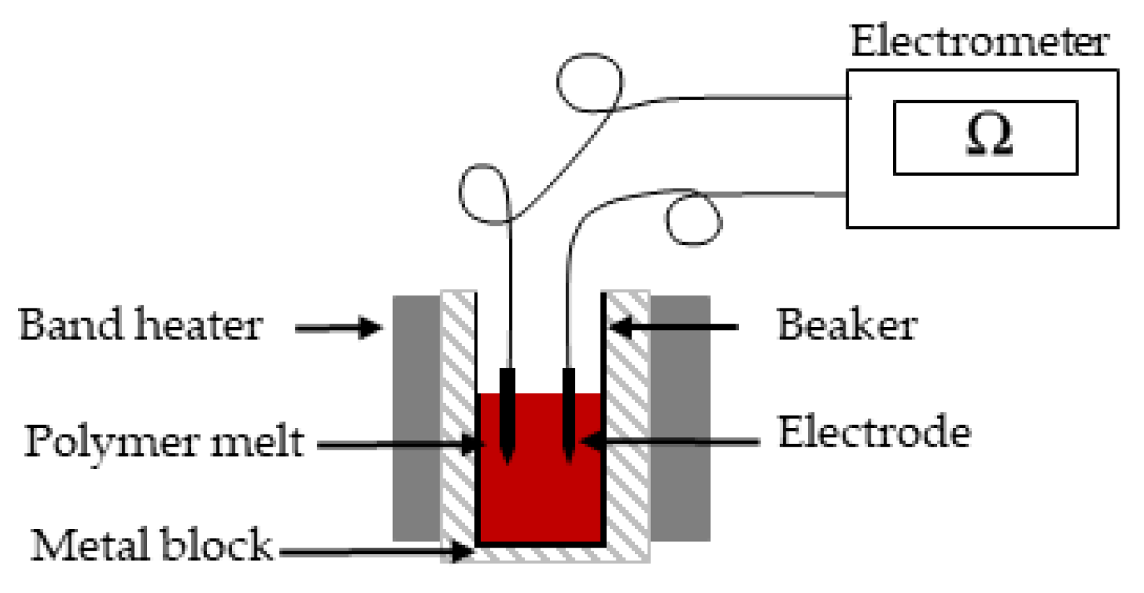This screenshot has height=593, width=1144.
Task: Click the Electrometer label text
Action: pos(979,41)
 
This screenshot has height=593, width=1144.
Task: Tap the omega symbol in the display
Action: pos(988,135)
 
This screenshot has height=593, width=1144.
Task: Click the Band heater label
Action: pos(140,325)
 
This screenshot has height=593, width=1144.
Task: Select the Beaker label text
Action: pos(846,325)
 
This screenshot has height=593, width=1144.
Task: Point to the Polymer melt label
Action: pos(164,441)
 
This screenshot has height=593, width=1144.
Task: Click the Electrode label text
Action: pos(874,432)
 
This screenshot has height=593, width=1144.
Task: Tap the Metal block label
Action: pos(151,545)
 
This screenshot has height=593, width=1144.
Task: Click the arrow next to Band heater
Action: pos(338,329)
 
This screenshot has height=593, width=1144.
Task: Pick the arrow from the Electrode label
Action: pos(670,440)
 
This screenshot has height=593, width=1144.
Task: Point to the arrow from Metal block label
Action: pos(375,553)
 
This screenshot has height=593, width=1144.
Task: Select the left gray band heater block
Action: pos(416,418)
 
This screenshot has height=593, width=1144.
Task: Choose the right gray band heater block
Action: pos(680,418)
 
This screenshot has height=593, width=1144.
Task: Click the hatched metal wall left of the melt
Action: pos(458,418)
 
